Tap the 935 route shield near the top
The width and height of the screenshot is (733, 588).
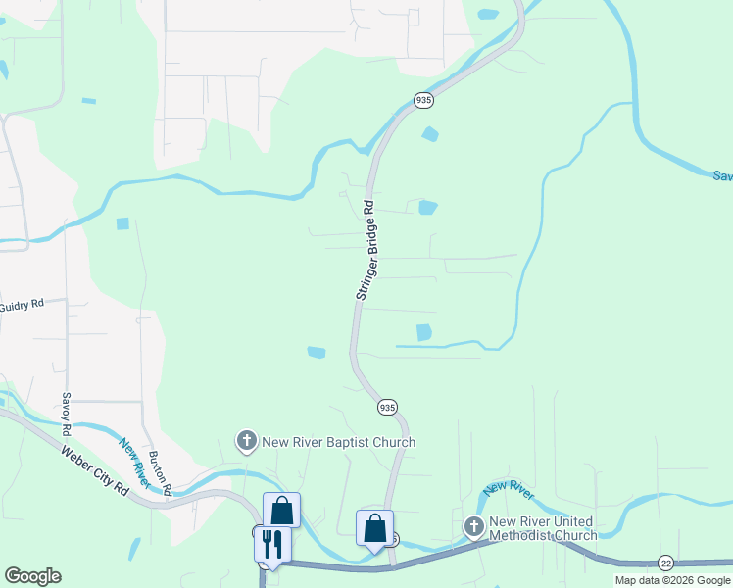423,100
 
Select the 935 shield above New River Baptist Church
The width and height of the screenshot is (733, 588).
387,407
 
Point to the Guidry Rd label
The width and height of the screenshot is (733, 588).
22,305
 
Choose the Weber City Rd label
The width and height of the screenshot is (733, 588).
95,471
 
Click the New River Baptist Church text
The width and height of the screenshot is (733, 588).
338,442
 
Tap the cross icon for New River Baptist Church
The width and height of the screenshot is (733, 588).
247,442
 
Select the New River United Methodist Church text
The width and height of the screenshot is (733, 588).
543,528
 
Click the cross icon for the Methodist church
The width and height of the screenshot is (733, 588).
474,528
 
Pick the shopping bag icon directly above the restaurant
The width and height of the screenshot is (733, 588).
281,510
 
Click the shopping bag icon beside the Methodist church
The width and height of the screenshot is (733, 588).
374,527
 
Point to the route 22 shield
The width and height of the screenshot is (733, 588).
666,562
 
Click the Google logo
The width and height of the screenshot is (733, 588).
33,576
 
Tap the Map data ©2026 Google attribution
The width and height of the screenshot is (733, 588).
672,580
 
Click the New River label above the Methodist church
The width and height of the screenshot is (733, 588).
509,487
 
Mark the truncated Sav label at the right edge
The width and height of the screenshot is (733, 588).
722,175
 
